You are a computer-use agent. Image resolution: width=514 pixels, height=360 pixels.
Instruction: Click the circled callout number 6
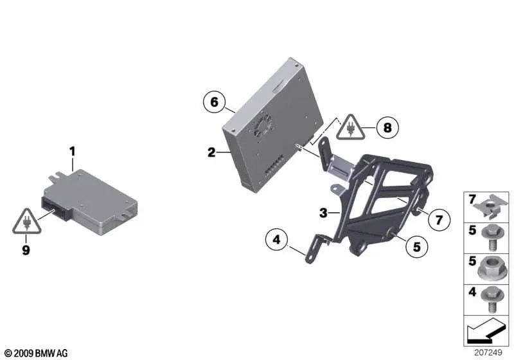point(215,102)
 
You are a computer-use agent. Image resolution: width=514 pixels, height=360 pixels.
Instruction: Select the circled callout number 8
point(387,128)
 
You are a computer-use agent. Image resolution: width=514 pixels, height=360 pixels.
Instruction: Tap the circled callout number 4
point(276,241)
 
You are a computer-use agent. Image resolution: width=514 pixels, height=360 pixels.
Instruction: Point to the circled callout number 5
point(416,245)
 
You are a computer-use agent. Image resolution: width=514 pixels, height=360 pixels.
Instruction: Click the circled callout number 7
point(439,221)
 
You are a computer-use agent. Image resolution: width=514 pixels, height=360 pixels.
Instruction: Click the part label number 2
point(211,152)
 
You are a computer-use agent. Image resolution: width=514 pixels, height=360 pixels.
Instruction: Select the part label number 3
point(324,213)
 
